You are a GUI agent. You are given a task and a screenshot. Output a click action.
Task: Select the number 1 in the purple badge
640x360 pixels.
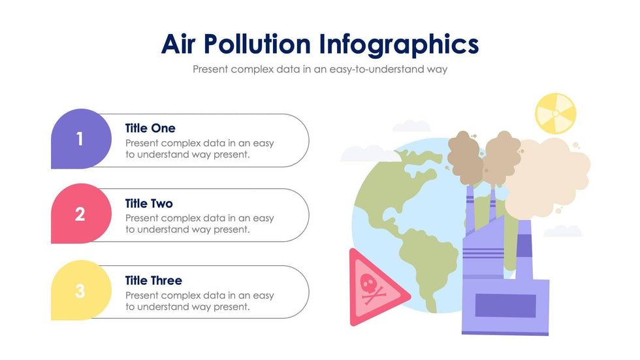click(x=80, y=139)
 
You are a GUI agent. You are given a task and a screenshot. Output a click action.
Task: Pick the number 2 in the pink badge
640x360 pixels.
click(x=80, y=214)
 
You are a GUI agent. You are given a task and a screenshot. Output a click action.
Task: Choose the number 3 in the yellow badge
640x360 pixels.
click(x=80, y=291)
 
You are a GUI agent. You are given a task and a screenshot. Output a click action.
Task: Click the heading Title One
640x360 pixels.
click(x=150, y=128)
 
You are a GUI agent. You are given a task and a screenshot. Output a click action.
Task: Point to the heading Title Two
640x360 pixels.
click(x=149, y=204)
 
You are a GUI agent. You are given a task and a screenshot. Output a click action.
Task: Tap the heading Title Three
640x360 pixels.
click(x=153, y=280)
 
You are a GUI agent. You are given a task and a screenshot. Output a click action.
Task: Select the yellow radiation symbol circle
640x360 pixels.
click(x=556, y=112)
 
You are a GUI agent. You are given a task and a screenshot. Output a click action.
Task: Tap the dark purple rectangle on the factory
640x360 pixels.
click(x=505, y=306)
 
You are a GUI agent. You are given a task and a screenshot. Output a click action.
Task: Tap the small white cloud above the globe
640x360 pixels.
click(x=411, y=125)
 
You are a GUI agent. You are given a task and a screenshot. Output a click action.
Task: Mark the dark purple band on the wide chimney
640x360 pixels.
click(x=524, y=246)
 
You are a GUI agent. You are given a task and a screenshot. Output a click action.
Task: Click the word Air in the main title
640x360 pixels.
click(x=179, y=44)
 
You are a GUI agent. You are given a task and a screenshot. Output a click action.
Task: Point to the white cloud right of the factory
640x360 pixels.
click(x=562, y=231)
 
